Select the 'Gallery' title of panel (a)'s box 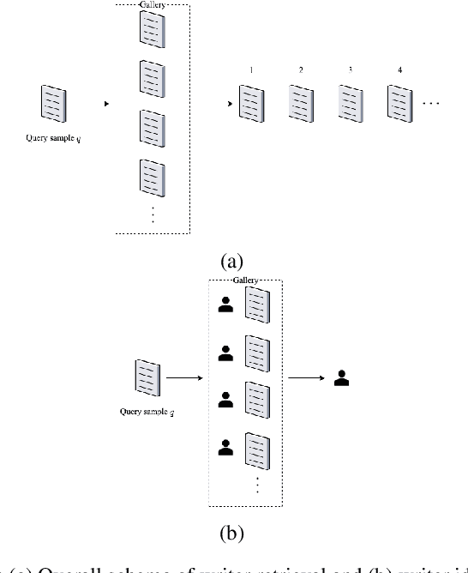click(x=152, y=5)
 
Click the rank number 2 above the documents click(x=300, y=69)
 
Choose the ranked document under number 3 click(x=349, y=105)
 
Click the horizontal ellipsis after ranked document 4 click(x=431, y=104)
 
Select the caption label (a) click(x=233, y=261)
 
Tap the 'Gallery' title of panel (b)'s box click(x=246, y=282)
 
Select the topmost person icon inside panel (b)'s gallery click(x=225, y=305)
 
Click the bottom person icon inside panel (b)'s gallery click(x=225, y=446)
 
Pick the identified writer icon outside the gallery click(x=342, y=377)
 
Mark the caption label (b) click(x=233, y=534)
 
